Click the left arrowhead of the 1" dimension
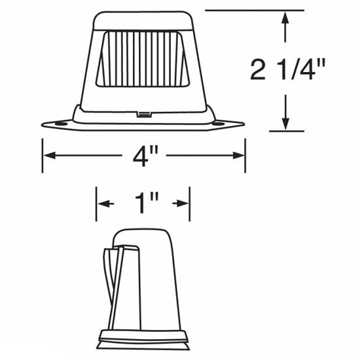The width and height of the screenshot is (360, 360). click(103, 204)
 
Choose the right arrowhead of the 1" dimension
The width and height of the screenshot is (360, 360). click(184, 204)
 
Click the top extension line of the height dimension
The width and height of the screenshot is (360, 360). click(255, 11)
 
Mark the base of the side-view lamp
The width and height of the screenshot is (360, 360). click(143, 340)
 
